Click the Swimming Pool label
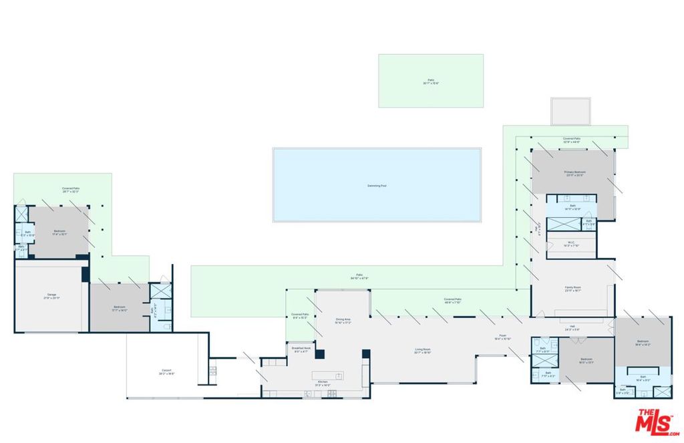pyautogui.click(x=377, y=185)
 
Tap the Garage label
pyautogui.click(x=51, y=296)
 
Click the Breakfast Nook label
pyautogui.click(x=301, y=349)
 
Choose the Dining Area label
pyautogui.click(x=343, y=321)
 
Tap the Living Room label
pyautogui.click(x=423, y=351)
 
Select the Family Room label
pyautogui.click(x=572, y=289)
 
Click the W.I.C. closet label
pyautogui.click(x=572, y=244)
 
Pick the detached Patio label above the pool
pyautogui.click(x=431, y=81)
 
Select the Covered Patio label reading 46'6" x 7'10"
pyautogui.click(x=453, y=300)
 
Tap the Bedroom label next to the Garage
pyautogui.click(x=120, y=309)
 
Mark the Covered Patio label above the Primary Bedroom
pyautogui.click(x=571, y=140)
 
